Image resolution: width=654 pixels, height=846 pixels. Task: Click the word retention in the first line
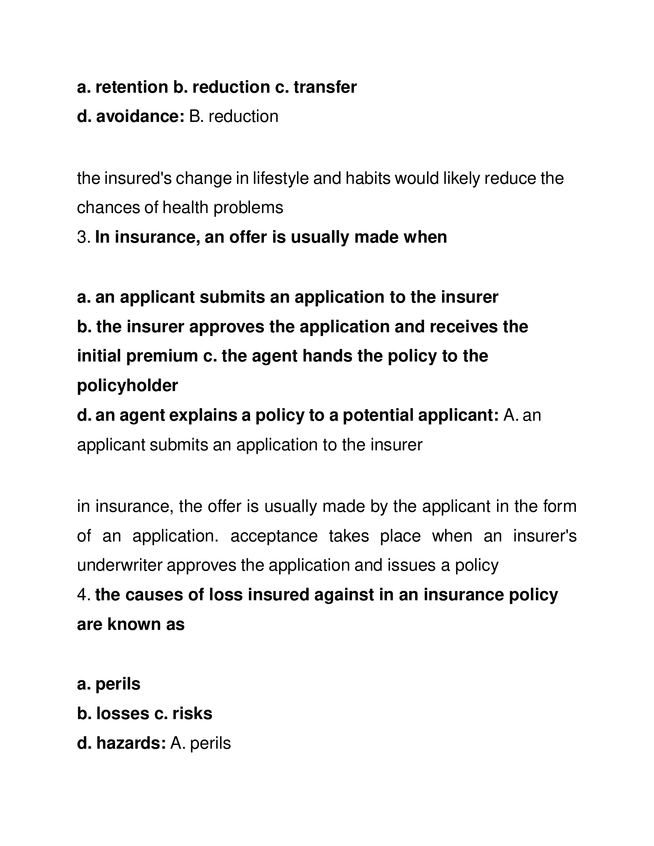tap(131, 87)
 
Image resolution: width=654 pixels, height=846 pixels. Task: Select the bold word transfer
tap(325, 87)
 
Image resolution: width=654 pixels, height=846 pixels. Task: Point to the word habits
tap(368, 178)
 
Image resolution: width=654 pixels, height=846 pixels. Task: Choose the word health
tap(185, 208)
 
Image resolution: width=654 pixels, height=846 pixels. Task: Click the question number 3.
tap(83, 237)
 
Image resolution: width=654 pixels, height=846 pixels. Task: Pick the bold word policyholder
tap(127, 386)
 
